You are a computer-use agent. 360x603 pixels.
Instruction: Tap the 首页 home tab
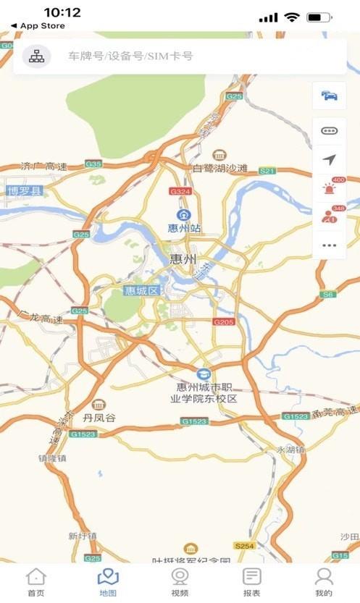tap(35, 581)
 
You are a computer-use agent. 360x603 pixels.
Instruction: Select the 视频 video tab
tap(180, 581)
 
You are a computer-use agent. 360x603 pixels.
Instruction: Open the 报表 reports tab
tap(251, 581)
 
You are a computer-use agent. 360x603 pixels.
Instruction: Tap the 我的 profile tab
tap(324, 581)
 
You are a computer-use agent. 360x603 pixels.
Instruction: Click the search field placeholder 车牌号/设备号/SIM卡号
tap(130, 56)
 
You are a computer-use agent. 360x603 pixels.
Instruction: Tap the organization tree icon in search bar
tap(36, 56)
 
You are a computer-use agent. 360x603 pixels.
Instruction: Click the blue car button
tap(330, 96)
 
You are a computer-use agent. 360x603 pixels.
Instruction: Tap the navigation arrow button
tap(330, 160)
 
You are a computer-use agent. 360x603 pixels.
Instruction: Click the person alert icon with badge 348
tap(330, 216)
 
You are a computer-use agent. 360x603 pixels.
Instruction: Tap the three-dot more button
tap(330, 245)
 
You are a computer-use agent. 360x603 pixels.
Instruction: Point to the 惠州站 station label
tap(185, 227)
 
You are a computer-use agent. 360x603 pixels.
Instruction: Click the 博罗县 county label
tap(25, 191)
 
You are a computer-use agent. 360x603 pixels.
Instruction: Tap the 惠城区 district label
tap(141, 290)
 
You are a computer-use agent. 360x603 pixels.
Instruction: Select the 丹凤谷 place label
tap(99, 418)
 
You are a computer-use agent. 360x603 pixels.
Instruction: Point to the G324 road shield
tap(180, 191)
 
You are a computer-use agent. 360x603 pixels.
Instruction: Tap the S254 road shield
tap(244, 544)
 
